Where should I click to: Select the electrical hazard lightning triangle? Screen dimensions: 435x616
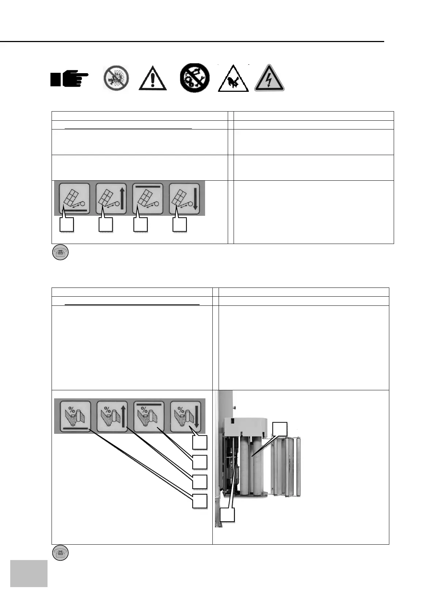click(x=269, y=78)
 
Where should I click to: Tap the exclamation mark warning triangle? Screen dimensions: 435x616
click(x=152, y=78)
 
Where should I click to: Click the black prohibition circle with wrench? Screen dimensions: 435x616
click(x=195, y=78)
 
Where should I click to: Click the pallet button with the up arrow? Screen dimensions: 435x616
click(x=111, y=199)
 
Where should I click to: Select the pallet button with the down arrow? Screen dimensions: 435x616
click(x=184, y=199)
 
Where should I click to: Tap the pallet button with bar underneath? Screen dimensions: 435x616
click(x=75, y=199)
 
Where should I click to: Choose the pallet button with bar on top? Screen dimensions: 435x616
click(x=148, y=199)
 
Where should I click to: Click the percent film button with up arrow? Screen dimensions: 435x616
click(x=112, y=416)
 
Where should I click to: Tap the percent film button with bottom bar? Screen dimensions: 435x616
click(x=75, y=416)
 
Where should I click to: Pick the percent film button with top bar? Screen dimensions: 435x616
click(x=149, y=416)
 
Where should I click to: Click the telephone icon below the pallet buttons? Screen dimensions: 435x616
click(x=60, y=253)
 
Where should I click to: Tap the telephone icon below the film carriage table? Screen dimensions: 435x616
click(x=60, y=553)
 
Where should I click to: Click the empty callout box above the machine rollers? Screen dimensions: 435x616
click(x=280, y=429)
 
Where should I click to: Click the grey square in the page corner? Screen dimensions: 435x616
click(x=29, y=573)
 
